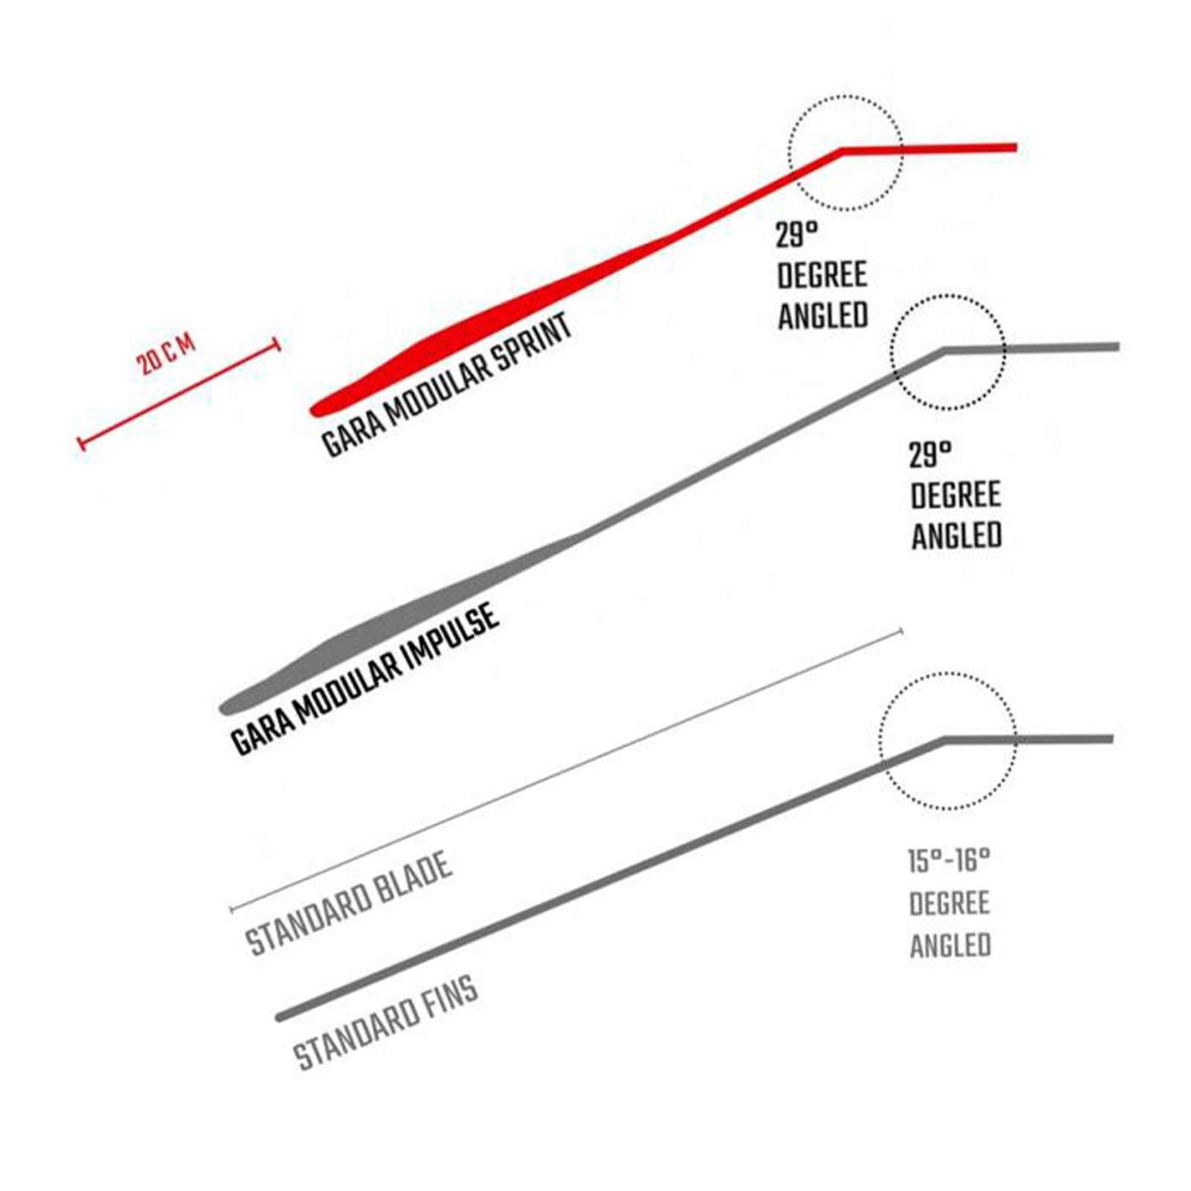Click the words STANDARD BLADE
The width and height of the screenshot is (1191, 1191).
[x=348, y=903]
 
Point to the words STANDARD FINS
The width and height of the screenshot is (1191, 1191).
[x=385, y=1023]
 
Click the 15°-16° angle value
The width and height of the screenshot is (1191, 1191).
[x=949, y=861]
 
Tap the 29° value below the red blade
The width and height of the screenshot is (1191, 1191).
[x=796, y=235]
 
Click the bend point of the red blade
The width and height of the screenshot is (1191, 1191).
[x=842, y=151]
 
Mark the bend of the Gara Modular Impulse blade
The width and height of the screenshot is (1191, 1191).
[x=945, y=350]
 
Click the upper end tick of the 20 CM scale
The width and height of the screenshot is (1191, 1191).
[x=278, y=345]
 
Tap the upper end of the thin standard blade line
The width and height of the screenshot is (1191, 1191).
[x=901, y=632]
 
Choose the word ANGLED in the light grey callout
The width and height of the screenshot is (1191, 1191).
[x=951, y=945]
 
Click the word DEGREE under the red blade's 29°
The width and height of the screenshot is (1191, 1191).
[x=822, y=275]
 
